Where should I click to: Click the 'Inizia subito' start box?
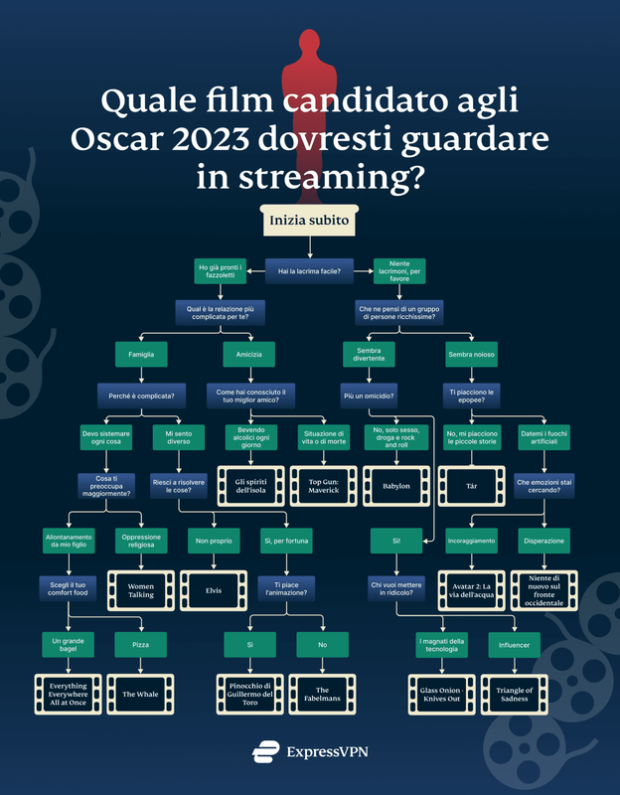(x=309, y=220)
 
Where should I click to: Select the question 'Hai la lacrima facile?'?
(x=309, y=271)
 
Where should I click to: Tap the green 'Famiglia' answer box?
(x=141, y=355)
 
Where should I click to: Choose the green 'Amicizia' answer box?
(x=249, y=355)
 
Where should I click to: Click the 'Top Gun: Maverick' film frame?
(x=324, y=486)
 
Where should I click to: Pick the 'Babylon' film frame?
(x=396, y=486)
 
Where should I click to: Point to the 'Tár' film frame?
(x=472, y=486)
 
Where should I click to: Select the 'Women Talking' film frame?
(x=141, y=590)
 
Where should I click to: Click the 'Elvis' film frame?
(x=214, y=590)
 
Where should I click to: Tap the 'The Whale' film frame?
(x=140, y=694)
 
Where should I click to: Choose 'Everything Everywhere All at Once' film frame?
(x=68, y=694)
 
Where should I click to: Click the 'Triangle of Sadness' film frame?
(x=514, y=695)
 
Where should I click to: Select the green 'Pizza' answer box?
(x=140, y=644)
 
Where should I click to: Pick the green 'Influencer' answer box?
(x=514, y=645)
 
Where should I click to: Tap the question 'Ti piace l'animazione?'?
(x=286, y=588)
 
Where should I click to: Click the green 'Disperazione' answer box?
(x=543, y=541)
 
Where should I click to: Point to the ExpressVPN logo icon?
(x=265, y=751)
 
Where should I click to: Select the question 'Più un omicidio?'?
(x=369, y=396)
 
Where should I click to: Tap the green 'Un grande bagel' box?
(x=68, y=644)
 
